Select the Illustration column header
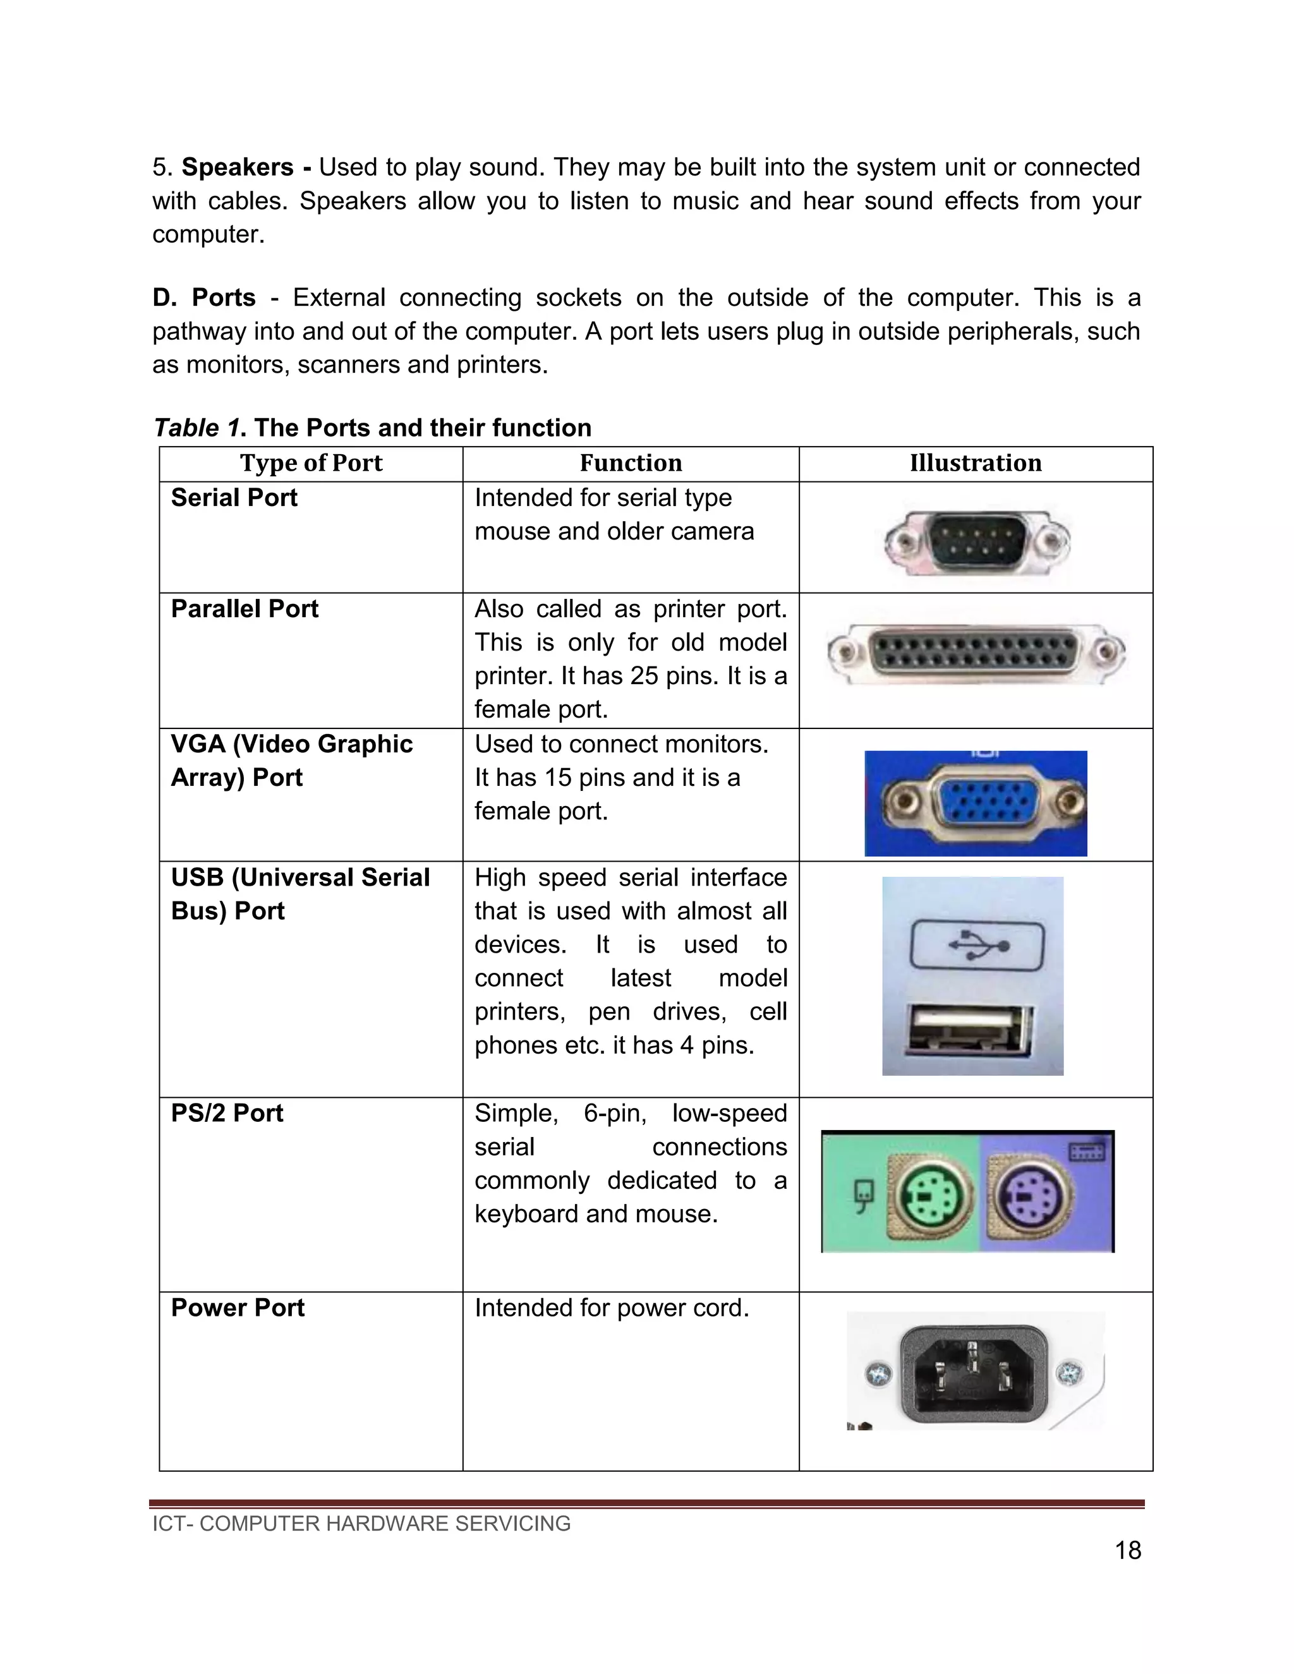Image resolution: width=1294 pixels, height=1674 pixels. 975,463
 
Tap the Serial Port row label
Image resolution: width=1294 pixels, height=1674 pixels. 234,498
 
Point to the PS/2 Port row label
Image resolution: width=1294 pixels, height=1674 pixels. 227,1113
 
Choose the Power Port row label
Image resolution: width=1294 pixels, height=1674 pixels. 238,1308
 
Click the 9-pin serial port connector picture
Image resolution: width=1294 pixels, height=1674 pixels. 977,542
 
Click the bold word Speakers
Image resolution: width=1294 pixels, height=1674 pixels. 238,167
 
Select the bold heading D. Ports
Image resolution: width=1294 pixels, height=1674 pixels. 204,298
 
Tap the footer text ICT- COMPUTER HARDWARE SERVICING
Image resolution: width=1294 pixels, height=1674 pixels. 361,1523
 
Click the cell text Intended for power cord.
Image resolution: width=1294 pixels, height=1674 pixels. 611,1308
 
